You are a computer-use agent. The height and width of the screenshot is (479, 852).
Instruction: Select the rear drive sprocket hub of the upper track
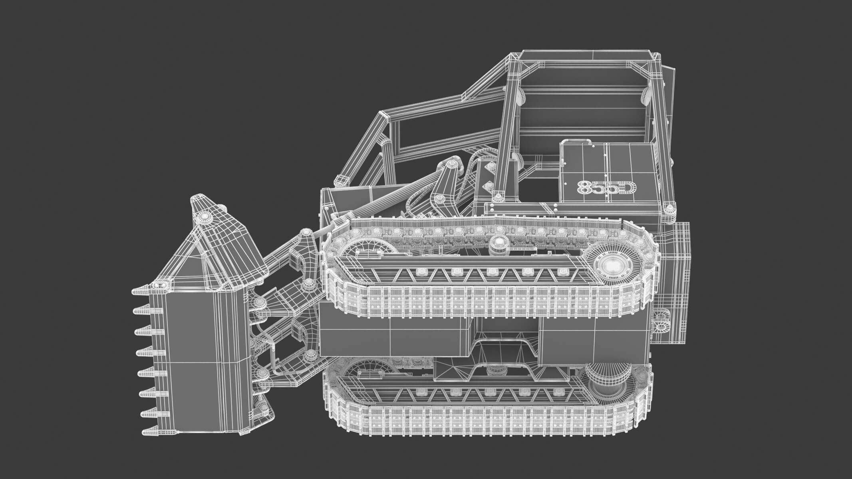(x=610, y=265)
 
